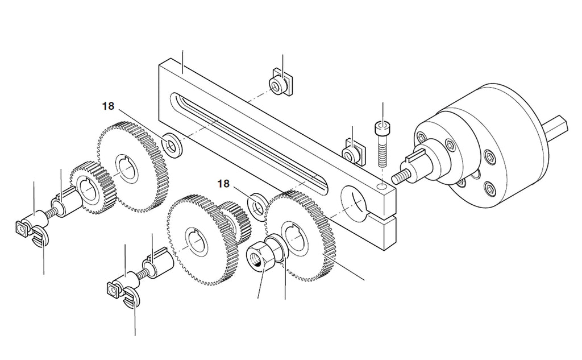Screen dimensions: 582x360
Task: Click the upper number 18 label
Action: [109, 106]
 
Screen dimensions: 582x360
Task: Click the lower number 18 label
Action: [223, 184]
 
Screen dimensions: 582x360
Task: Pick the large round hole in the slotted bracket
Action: [355, 201]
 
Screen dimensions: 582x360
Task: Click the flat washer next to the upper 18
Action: [172, 144]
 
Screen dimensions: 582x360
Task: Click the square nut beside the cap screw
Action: [354, 151]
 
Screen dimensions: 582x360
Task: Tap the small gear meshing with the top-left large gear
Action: [91, 188]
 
